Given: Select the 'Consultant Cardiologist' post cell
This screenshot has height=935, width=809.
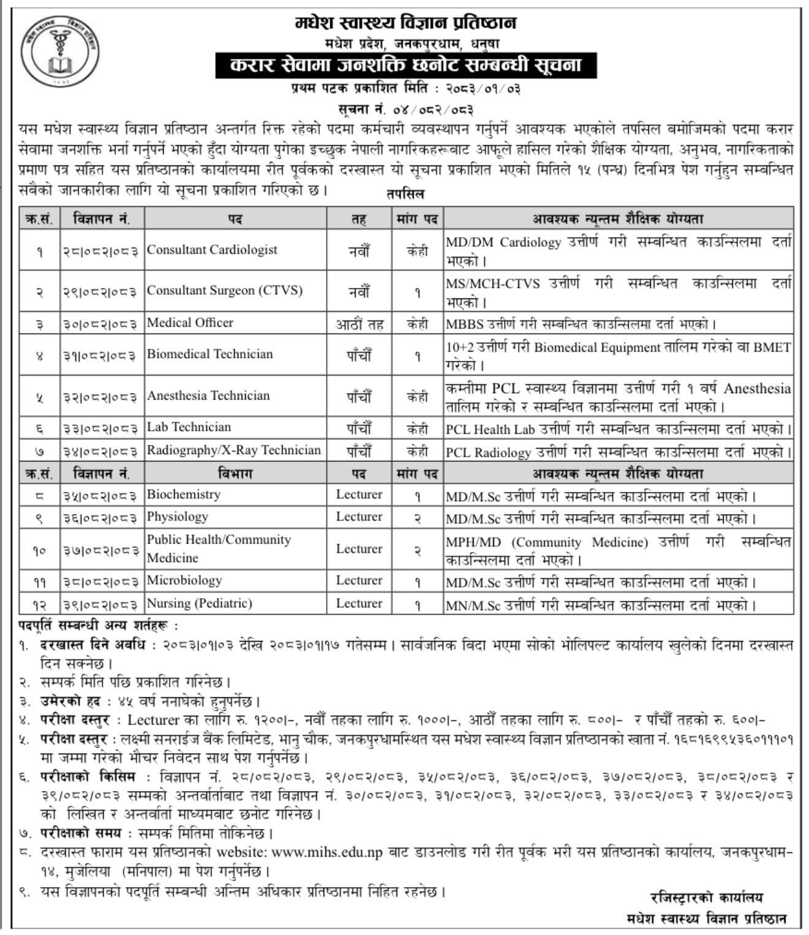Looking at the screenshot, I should click(x=212, y=250).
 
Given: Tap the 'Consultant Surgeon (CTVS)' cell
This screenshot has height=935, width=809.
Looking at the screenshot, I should click(x=224, y=290).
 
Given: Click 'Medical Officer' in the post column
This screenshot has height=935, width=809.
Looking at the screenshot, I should click(x=190, y=323).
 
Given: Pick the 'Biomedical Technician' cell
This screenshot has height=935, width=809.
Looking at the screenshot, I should click(x=210, y=354).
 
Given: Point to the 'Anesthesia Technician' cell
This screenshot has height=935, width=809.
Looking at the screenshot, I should click(x=208, y=396).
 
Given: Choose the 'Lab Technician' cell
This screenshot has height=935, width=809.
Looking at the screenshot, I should click(x=189, y=428).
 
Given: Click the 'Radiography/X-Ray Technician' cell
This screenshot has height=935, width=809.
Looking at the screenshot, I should click(x=234, y=450).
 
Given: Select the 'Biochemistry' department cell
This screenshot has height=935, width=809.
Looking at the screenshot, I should click(x=183, y=494).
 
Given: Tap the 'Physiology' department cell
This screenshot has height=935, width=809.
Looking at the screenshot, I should click(x=177, y=517).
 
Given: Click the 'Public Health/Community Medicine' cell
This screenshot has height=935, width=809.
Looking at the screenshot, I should click(x=219, y=548).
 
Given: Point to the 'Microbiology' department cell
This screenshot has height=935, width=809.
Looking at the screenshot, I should click(x=184, y=580).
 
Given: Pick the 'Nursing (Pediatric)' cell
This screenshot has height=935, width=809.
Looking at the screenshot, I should click(x=199, y=604).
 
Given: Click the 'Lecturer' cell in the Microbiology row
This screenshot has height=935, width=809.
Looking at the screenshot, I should click(x=359, y=580).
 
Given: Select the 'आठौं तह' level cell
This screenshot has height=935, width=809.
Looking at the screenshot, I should click(x=359, y=324).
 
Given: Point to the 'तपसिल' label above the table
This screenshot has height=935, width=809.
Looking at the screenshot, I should click(x=405, y=194).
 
